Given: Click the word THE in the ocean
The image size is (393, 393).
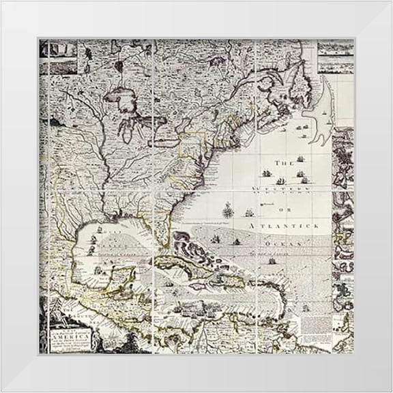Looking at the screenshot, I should click(x=282, y=163).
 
